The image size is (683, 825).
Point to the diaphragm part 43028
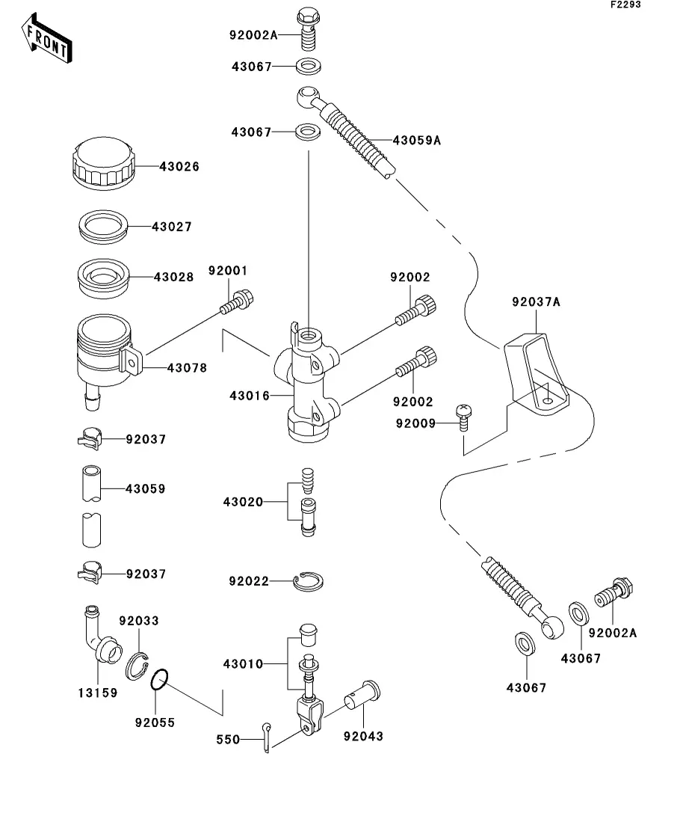click(x=105, y=277)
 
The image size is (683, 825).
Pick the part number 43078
click(x=187, y=368)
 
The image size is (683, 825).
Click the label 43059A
click(x=416, y=140)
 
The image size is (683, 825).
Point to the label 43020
click(x=242, y=501)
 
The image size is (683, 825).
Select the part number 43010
click(x=242, y=663)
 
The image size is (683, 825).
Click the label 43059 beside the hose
click(x=145, y=488)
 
